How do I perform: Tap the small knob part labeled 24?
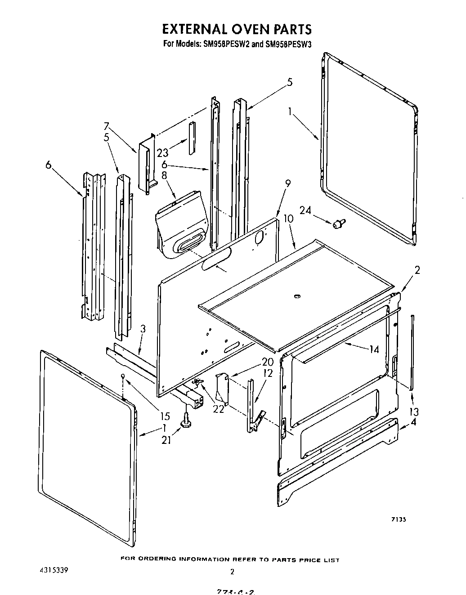339,223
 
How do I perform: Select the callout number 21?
167,440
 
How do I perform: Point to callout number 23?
163,153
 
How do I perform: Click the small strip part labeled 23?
193,137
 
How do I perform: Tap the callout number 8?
164,175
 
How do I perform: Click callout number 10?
288,219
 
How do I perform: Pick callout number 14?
374,349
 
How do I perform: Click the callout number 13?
414,411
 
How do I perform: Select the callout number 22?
219,409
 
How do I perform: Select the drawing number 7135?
399,519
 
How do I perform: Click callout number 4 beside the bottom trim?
413,422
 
